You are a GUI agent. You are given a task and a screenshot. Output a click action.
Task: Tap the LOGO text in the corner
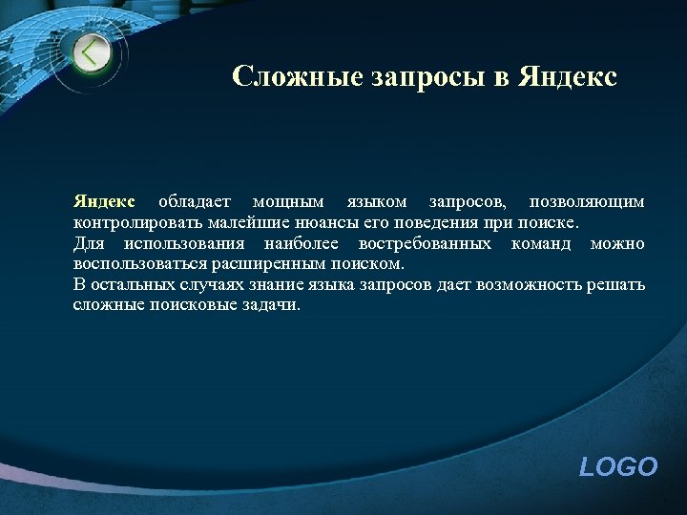[618, 466]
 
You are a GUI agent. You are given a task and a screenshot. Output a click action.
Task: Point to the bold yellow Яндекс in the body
[105, 202]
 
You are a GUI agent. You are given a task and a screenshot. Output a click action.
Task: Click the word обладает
[195, 202]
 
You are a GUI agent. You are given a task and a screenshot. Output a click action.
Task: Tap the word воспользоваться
[142, 264]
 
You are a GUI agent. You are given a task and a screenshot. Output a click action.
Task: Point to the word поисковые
[188, 305]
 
